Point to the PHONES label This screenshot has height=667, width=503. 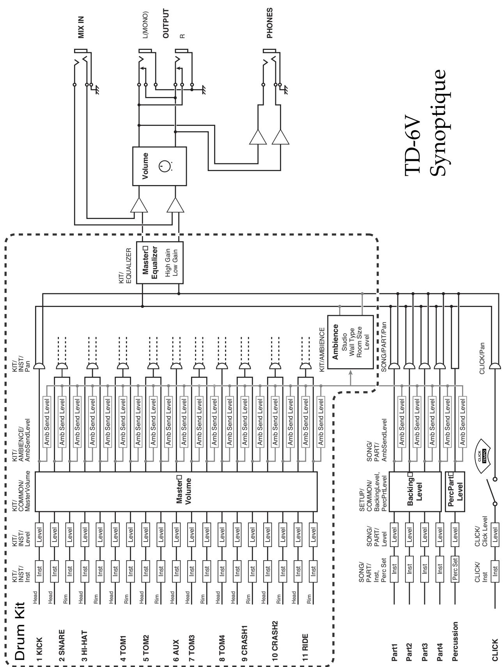click(x=270, y=23)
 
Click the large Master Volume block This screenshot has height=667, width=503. click(x=176, y=491)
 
